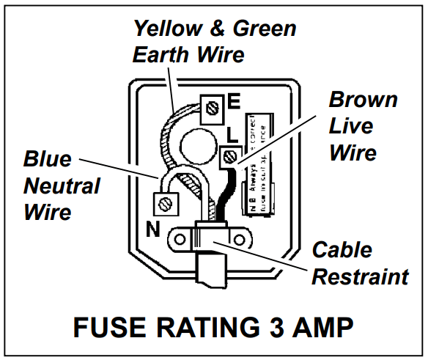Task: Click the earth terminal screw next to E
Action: [x=214, y=109]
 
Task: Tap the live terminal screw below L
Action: [x=229, y=155]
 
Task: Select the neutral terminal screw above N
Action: [x=166, y=201]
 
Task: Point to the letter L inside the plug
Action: [x=233, y=135]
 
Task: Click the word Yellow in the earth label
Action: [x=167, y=29]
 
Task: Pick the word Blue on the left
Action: [x=48, y=158]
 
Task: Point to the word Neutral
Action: [x=62, y=185]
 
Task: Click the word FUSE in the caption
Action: [x=106, y=327]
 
